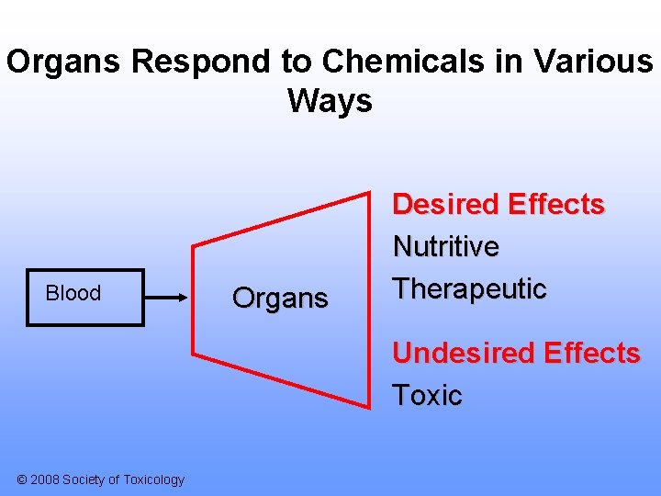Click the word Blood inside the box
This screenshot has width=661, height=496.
(x=73, y=293)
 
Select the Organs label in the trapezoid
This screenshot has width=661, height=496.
(x=280, y=299)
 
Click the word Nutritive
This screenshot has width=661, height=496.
(x=446, y=247)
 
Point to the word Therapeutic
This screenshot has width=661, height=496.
(x=470, y=289)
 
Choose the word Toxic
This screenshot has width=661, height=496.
(x=427, y=396)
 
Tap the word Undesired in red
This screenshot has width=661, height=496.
(x=464, y=354)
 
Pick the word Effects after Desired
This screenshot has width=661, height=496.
(x=556, y=205)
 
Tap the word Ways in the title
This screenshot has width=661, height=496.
(x=330, y=100)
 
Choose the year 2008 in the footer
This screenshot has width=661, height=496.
(x=46, y=479)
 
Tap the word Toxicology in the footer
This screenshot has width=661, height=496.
(x=151, y=479)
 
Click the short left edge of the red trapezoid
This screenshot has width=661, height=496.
(x=193, y=299)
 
